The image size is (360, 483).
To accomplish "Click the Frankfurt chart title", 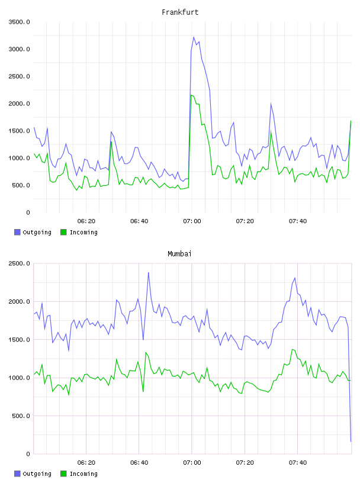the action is click(180, 12).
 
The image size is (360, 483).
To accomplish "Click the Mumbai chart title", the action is click(179, 254).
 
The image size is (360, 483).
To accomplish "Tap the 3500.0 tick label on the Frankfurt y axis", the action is click(19, 22).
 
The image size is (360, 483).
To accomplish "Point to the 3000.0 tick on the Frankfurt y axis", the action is click(19, 49).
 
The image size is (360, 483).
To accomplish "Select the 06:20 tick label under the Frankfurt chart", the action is click(86, 221).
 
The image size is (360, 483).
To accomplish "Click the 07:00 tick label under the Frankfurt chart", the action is click(192, 221).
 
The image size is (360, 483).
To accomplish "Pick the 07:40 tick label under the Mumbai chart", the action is click(298, 462).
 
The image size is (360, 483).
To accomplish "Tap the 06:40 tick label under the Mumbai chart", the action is click(139, 462).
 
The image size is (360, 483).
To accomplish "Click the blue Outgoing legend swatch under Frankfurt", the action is click(17, 232).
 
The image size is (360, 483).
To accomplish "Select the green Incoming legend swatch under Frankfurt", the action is click(63, 232).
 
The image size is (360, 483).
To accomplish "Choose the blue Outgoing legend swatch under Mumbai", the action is click(17, 474).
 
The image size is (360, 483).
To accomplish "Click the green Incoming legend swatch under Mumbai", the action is click(63, 474).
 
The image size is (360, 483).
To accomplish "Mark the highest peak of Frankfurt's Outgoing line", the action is click(194, 37).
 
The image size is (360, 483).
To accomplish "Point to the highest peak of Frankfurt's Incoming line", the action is click(191, 95).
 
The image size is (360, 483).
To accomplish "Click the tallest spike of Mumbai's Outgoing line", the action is click(149, 272).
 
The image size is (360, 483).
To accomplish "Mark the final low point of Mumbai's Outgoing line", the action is click(351, 442).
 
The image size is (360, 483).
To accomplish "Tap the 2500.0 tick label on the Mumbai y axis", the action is click(19, 263).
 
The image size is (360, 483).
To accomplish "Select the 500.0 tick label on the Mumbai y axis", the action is click(21, 416).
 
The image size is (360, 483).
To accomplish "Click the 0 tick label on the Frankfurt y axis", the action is click(28, 212).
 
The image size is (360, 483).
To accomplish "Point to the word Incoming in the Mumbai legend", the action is click(83, 474).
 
